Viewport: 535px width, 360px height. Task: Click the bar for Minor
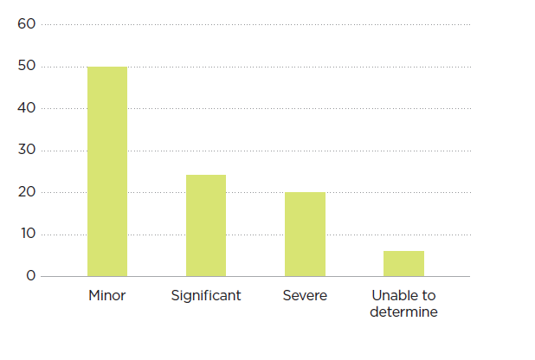(x=107, y=171)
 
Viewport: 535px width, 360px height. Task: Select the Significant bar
(x=206, y=225)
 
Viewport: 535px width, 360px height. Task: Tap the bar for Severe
(x=305, y=234)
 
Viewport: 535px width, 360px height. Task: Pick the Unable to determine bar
(x=403, y=263)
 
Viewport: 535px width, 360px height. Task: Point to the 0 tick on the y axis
(x=30, y=276)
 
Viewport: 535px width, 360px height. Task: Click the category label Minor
(x=107, y=296)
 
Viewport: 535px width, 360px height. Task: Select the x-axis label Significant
(x=206, y=296)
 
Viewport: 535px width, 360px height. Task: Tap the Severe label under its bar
(x=305, y=296)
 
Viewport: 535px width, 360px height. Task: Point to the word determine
(x=403, y=312)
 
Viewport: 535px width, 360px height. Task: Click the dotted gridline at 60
(x=260, y=24)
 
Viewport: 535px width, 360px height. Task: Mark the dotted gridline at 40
(x=260, y=108)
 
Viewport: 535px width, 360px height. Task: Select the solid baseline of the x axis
(x=260, y=276)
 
